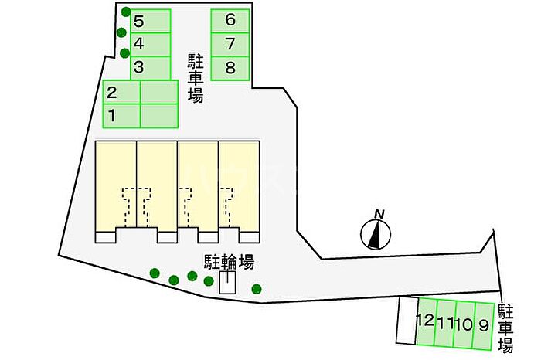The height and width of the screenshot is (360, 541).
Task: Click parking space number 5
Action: (x=150, y=21)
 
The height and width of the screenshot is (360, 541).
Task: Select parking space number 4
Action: (x=150, y=44)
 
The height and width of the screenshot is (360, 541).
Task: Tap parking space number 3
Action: (x=150, y=68)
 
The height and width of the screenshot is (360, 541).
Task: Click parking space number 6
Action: (x=230, y=21)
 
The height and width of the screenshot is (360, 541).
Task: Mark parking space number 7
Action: (x=230, y=44)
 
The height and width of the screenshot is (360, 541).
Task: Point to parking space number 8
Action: (x=230, y=68)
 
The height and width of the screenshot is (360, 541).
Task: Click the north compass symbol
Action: (x=376, y=234)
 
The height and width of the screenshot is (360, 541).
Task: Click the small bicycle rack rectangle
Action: (x=227, y=284)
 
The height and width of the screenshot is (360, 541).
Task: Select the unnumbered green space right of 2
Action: (x=159, y=93)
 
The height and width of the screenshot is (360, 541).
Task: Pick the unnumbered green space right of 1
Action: (x=159, y=116)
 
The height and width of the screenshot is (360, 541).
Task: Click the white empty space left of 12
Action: (x=406, y=321)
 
